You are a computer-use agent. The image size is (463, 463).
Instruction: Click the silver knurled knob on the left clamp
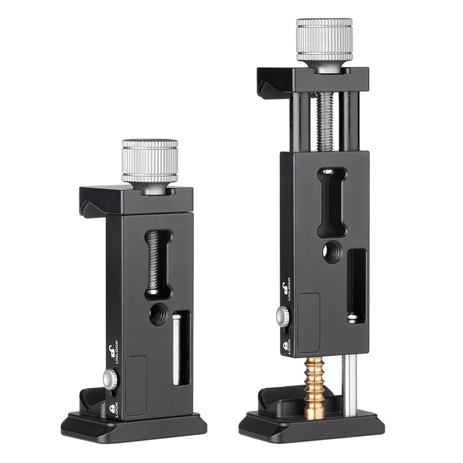tap(150, 161)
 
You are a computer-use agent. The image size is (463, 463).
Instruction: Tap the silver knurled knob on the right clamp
tap(324, 40)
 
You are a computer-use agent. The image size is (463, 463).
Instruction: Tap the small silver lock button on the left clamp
tap(110, 379)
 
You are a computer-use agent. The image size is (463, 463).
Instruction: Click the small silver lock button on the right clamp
tap(283, 317)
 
